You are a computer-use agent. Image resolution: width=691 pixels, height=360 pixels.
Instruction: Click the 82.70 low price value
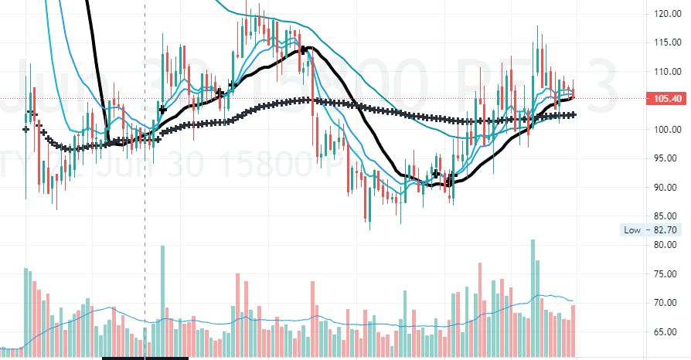[x=666, y=229]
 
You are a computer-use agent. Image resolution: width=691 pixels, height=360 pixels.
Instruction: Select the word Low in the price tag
[x=631, y=229]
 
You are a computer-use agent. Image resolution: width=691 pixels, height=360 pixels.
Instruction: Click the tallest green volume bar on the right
[x=533, y=297]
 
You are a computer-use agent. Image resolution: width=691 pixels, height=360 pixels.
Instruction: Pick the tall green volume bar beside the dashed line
[x=162, y=301]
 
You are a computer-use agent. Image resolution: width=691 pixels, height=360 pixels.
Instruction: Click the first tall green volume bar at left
[x=26, y=309]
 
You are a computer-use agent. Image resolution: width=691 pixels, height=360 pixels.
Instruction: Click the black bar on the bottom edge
[x=145, y=358]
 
